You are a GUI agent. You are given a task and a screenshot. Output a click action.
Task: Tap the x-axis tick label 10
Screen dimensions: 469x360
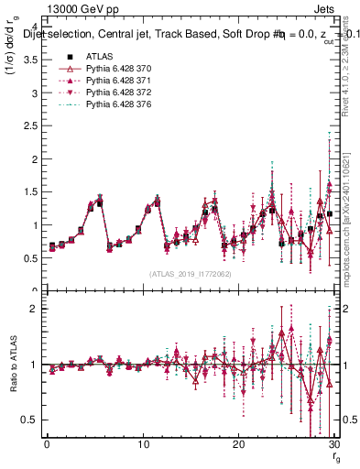click(142, 443)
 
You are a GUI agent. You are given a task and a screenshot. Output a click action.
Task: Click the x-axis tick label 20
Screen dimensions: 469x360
click(238, 443)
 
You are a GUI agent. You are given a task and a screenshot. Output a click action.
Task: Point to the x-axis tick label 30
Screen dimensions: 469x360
click(333, 443)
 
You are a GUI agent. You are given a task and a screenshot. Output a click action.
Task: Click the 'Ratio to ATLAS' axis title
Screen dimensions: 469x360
click(11, 365)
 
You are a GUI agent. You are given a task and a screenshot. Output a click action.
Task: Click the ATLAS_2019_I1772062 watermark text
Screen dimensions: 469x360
click(189, 273)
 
